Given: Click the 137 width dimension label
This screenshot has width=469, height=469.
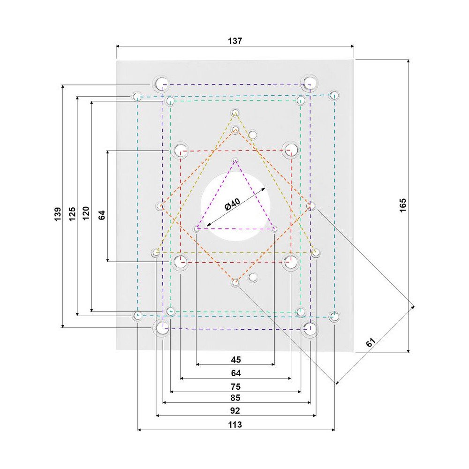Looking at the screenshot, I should click(x=235, y=41).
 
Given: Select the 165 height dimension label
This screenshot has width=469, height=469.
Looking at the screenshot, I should click(x=403, y=205).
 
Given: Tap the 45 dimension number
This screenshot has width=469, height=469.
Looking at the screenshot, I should click(x=235, y=360).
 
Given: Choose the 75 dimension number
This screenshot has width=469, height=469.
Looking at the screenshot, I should click(x=235, y=387).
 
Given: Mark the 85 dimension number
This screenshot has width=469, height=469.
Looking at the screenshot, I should click(x=235, y=398).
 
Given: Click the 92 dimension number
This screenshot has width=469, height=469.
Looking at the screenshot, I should click(x=235, y=411).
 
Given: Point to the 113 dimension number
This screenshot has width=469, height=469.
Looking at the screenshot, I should click(x=235, y=424).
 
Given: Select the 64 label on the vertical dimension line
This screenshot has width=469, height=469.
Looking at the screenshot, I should click(x=102, y=215).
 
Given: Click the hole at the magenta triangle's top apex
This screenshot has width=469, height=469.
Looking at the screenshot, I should click(x=235, y=161).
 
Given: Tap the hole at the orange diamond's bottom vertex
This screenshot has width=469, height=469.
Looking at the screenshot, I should click(x=235, y=282).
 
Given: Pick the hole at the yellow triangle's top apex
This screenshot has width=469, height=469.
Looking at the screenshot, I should click(x=235, y=113).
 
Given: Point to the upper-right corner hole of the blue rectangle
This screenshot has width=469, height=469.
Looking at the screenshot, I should click(x=334, y=95).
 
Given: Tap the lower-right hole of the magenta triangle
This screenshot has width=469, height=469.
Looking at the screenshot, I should click(x=274, y=229).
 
